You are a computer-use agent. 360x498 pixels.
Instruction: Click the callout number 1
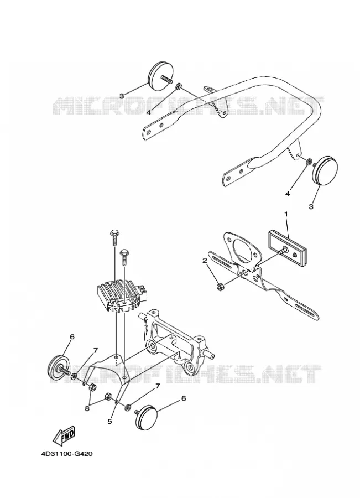pos(286,214)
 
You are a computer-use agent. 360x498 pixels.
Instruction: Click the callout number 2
pos(205,261)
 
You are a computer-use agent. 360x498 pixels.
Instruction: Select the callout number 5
pos(109,422)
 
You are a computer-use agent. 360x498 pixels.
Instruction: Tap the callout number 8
pos(87,409)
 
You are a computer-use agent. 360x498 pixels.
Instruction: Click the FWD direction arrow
pos(63,435)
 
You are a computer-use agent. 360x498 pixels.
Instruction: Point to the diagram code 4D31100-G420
pos(67,454)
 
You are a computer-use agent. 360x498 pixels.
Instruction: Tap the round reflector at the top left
pos(160,75)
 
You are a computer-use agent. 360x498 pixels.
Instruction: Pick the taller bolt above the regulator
pos(114,237)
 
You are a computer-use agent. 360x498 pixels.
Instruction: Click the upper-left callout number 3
pos(122,96)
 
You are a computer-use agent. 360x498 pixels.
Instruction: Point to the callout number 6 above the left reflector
pos(72,336)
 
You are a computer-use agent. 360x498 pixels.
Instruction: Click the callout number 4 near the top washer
pos(148,112)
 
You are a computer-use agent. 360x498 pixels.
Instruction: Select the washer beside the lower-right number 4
pos(308,162)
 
